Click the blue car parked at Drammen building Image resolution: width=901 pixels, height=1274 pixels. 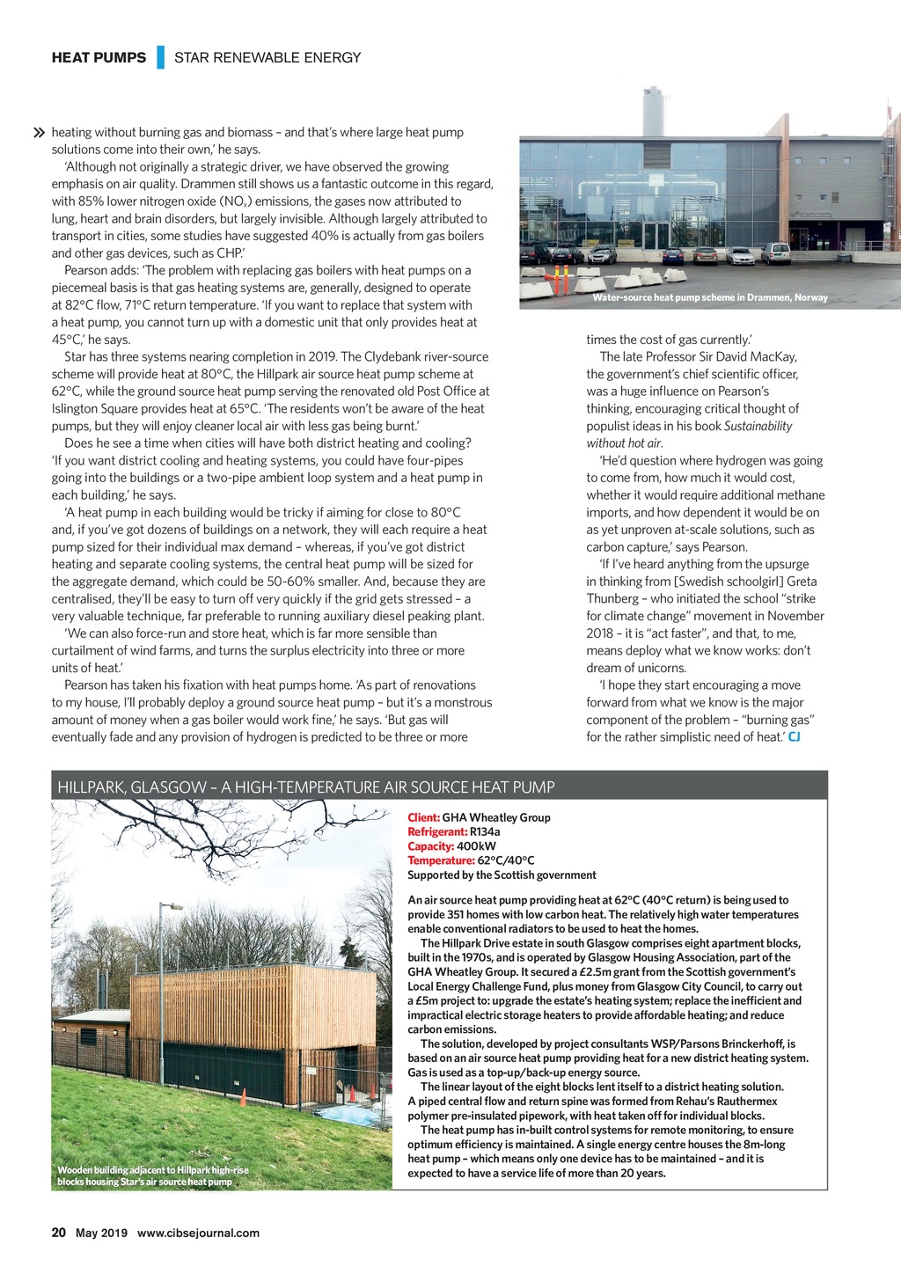(672, 256)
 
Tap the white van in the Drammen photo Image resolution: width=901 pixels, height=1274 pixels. (776, 253)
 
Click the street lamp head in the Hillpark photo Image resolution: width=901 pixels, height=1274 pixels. (174, 906)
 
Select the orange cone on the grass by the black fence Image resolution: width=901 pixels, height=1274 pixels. (243, 1096)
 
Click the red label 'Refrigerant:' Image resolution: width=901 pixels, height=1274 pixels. (436, 831)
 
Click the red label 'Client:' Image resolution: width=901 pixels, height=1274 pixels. (423, 817)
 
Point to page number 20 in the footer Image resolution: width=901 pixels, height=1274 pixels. (59, 1233)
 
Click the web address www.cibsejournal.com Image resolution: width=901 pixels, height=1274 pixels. (198, 1233)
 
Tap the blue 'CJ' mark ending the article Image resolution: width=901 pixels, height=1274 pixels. (794, 736)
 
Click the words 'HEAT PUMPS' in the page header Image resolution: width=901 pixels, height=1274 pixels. (99, 57)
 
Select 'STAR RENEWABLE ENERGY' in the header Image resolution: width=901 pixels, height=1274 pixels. (267, 57)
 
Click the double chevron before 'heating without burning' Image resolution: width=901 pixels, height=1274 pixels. (39, 133)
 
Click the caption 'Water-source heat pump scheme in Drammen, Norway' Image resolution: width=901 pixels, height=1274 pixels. (709, 297)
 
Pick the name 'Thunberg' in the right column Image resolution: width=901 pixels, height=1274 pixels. (613, 598)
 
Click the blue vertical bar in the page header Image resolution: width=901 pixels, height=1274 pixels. (161, 57)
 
